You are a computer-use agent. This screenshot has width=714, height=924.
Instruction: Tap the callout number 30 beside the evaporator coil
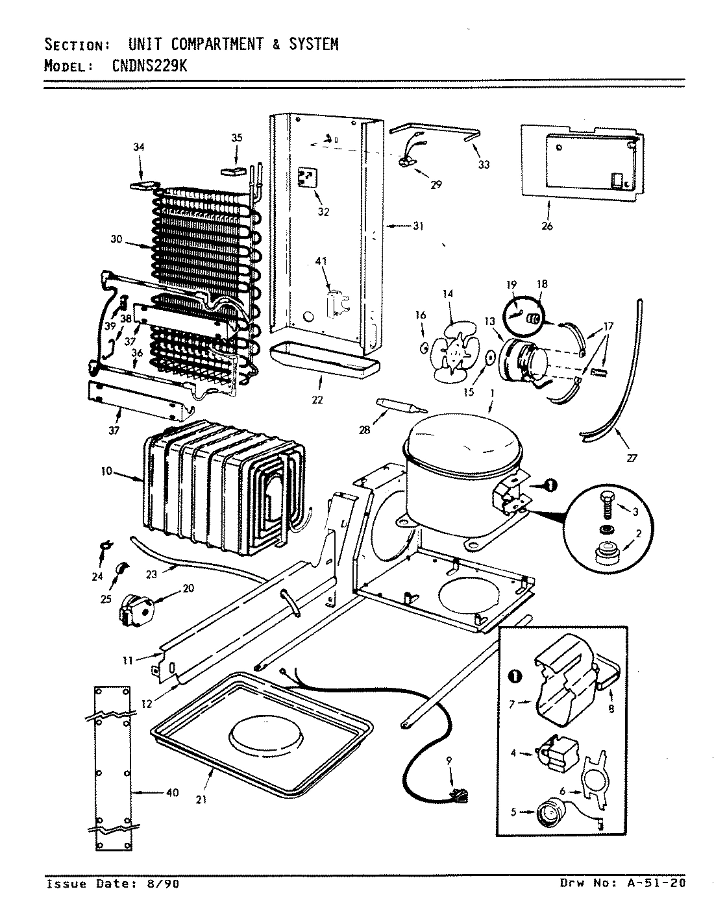click(x=116, y=239)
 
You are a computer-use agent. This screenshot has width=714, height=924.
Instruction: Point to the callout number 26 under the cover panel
click(x=547, y=226)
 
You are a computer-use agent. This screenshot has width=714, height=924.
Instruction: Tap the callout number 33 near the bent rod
click(x=484, y=165)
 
